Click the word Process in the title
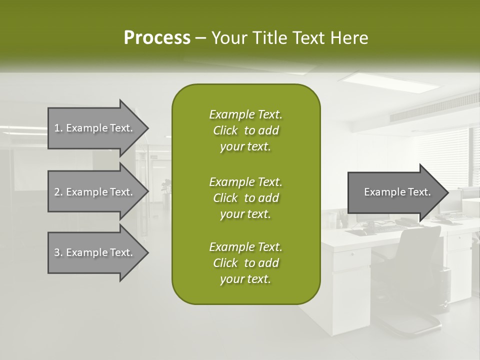157,37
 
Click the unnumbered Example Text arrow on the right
397,192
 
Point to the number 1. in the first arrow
58,128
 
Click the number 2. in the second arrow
58,192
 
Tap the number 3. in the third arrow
58,252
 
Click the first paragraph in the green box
245,130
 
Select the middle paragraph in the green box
245,198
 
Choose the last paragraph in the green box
245,263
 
